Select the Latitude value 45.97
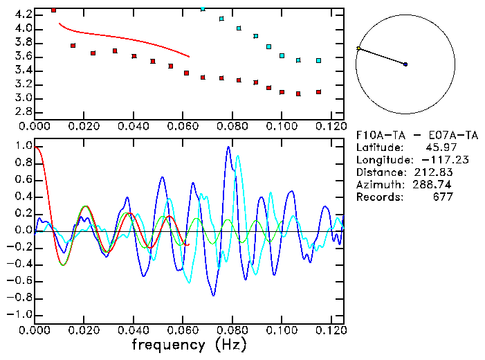click(x=435, y=147)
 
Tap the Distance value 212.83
click(x=438, y=172)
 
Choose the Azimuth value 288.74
click(x=438, y=185)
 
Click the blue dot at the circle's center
click(x=405, y=64)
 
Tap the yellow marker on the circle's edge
click(x=358, y=48)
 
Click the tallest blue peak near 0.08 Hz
click(x=228, y=147)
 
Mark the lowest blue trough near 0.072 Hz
click(x=213, y=295)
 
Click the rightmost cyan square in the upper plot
click(x=318, y=61)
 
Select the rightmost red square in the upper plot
click(x=318, y=91)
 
